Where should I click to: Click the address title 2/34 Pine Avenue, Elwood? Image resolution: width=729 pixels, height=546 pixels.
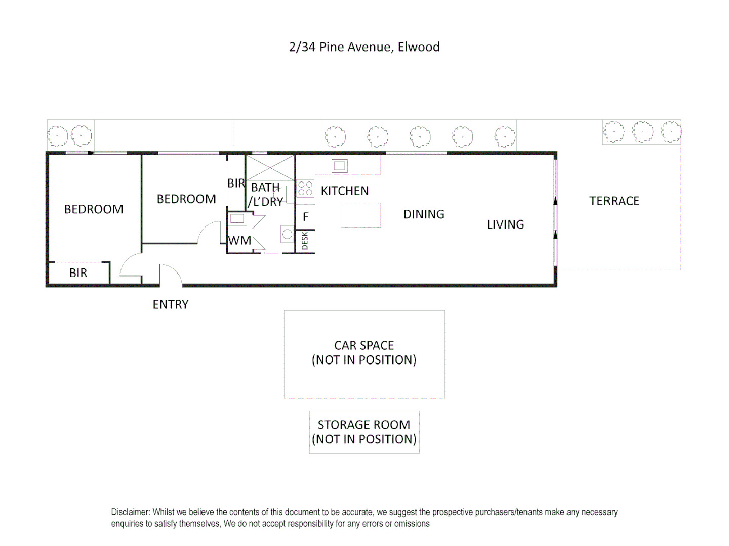click(364, 47)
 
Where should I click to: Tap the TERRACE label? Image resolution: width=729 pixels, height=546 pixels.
click(614, 201)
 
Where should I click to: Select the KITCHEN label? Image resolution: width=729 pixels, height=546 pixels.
click(345, 191)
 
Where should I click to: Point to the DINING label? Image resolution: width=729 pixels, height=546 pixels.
click(424, 214)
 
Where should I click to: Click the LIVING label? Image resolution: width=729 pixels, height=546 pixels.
click(505, 224)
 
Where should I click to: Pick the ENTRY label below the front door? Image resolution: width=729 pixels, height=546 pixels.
click(171, 304)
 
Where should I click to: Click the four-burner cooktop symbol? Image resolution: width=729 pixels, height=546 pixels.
click(305, 189)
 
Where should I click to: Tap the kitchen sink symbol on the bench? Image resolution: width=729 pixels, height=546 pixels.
click(339, 165)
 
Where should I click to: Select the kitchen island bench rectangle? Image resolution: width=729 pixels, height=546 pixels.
click(360, 215)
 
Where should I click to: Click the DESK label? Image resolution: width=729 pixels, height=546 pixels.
click(305, 241)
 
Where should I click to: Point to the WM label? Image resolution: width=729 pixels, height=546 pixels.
click(239, 241)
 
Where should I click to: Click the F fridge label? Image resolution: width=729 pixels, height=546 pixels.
click(306, 217)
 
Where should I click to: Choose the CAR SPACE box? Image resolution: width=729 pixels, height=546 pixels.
click(364, 354)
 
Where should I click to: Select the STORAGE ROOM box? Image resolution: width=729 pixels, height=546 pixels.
click(364, 432)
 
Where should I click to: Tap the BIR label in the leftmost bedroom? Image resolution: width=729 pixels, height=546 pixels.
click(78, 273)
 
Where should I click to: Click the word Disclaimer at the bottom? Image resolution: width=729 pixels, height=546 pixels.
click(130, 512)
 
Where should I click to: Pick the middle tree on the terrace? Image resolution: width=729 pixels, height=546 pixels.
click(642, 131)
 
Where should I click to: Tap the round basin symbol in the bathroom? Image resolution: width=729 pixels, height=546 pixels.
click(288, 234)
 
